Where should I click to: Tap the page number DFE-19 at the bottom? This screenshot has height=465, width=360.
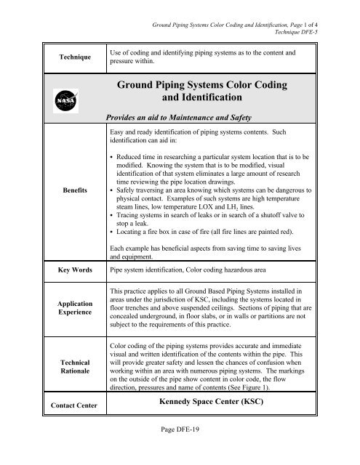pos(179,455)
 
